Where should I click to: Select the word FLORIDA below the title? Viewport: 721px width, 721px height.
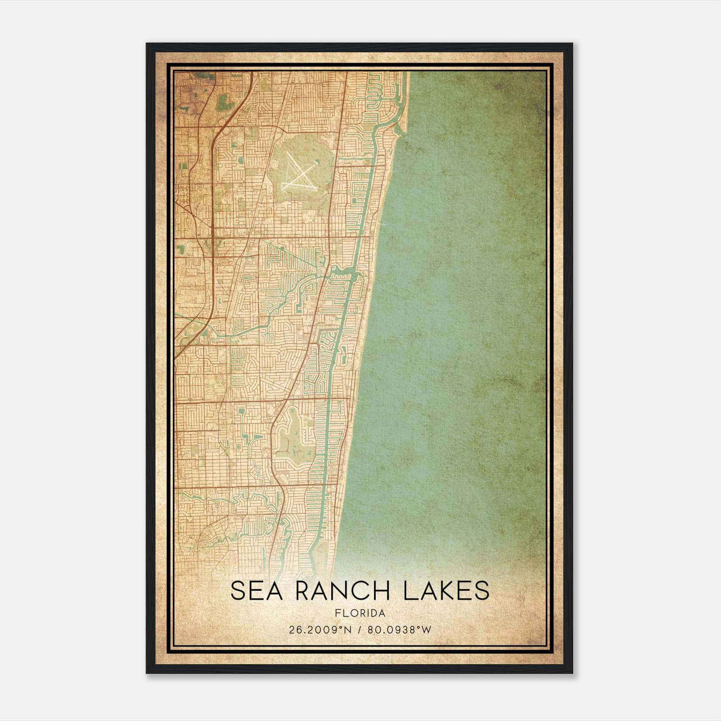360,613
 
